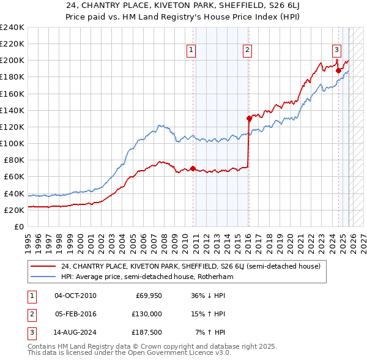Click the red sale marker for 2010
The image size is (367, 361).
193,168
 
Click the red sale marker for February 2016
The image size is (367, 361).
248,118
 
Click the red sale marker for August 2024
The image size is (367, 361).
338,70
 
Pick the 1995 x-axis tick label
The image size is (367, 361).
29,239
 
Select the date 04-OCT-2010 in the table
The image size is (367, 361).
75,296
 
